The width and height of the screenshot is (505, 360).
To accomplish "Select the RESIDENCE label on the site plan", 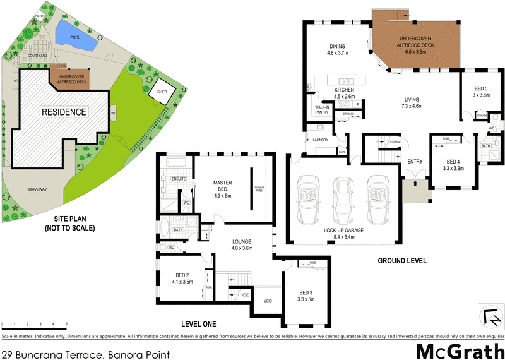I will click(x=64, y=112).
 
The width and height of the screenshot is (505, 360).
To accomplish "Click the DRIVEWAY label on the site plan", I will click(x=40, y=189).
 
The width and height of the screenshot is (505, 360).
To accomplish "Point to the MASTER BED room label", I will click(x=223, y=186).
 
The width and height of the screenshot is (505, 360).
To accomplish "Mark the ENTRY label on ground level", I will click(x=415, y=162).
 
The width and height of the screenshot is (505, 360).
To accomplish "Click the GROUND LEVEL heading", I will click(x=401, y=260).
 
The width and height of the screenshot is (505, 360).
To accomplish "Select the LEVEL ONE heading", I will click(x=199, y=324).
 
